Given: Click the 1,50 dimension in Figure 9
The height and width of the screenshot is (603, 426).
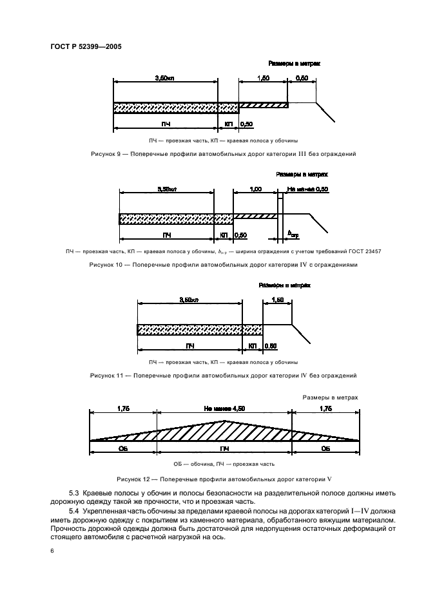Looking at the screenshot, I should tap(262, 77).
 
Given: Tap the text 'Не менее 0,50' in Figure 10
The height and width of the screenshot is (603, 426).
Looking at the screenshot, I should tap(307, 189).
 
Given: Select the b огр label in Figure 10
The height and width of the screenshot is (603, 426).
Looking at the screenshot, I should tap(293, 235).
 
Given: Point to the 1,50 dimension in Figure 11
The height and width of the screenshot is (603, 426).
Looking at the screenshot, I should tap(278, 300).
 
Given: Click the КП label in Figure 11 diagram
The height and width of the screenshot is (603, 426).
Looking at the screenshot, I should tap(252, 346).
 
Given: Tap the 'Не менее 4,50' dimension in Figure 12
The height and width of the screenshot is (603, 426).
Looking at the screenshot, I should tap(224, 408).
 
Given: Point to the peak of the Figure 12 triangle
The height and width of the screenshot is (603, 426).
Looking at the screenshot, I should tap(224, 421).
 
